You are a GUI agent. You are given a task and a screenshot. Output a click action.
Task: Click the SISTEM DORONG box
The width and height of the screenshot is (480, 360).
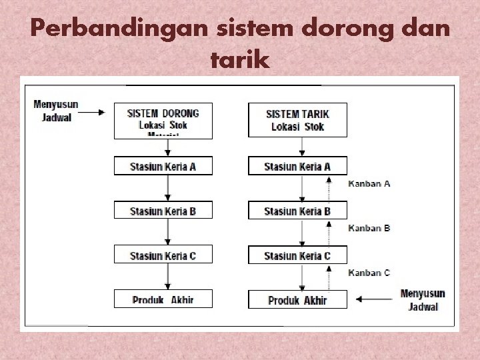pyautogui.click(x=163, y=120)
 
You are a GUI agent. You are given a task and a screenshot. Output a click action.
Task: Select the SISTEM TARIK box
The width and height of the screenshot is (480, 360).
pyautogui.click(x=297, y=120)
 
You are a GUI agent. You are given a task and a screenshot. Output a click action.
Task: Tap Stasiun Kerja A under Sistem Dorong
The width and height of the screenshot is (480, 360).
pyautogui.click(x=163, y=166)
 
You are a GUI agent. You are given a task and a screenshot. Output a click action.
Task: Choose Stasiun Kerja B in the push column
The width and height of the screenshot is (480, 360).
pyautogui.click(x=163, y=211)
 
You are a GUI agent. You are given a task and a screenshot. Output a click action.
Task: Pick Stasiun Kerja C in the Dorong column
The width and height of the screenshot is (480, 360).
pyautogui.click(x=163, y=255)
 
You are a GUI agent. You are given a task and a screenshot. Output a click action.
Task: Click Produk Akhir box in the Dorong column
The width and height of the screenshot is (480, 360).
pyautogui.click(x=163, y=299)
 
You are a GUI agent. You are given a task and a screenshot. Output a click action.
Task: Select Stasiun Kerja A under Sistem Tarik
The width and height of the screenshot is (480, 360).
pyautogui.click(x=297, y=166)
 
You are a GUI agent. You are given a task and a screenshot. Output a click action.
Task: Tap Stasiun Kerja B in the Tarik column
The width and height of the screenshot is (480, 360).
pyautogui.click(x=297, y=211)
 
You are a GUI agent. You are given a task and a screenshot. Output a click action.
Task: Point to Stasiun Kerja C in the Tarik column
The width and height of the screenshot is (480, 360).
pyautogui.click(x=297, y=255)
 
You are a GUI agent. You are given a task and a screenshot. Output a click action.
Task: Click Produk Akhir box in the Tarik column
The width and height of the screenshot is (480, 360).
pyautogui.click(x=297, y=300)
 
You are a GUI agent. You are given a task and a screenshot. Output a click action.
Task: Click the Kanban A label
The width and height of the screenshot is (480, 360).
pyautogui.click(x=369, y=183)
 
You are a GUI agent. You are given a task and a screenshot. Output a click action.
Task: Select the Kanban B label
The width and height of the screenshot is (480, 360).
pyautogui.click(x=369, y=228)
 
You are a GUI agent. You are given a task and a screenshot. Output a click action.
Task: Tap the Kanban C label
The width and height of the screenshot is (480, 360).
pyautogui.click(x=369, y=273)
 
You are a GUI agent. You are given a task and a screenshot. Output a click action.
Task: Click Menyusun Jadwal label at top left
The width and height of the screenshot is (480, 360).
pyautogui.click(x=56, y=110)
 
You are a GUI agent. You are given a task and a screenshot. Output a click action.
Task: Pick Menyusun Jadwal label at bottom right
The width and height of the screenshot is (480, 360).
pyautogui.click(x=423, y=300)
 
